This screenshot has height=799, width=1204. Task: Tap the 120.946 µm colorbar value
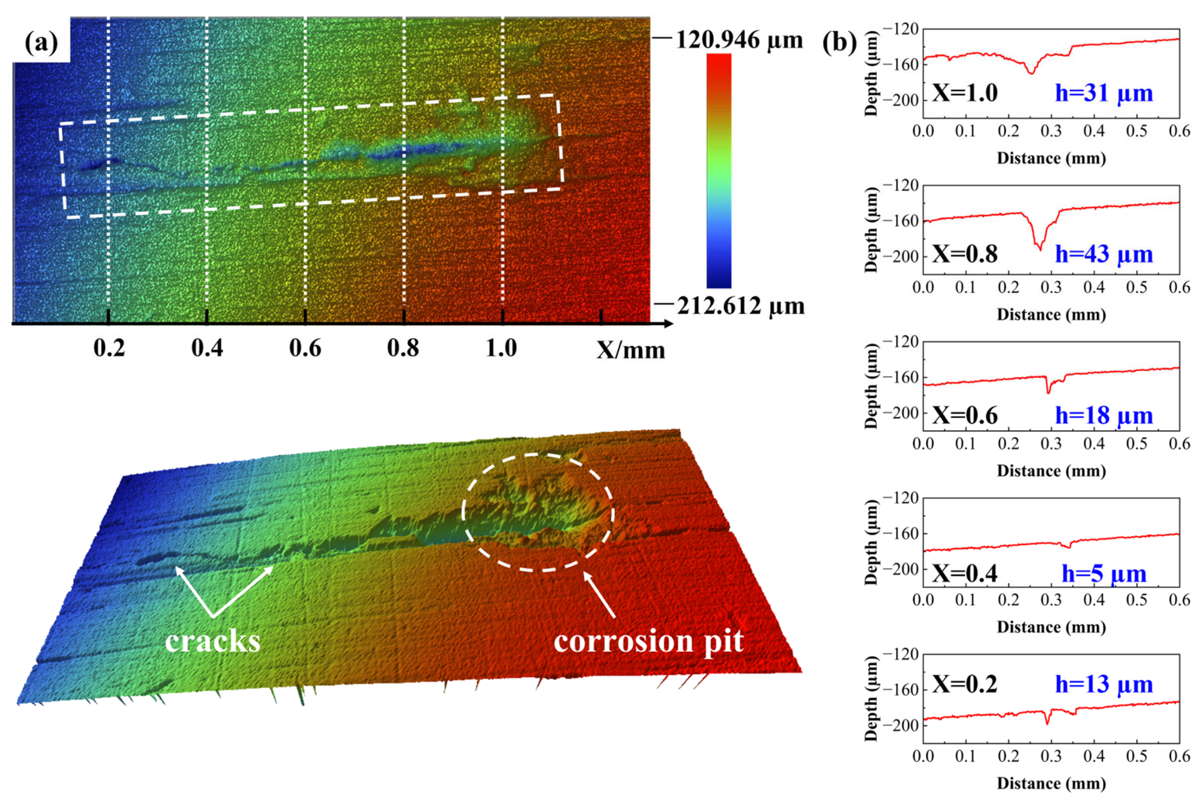tap(739, 40)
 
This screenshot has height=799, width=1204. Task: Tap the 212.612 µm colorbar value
tap(740, 307)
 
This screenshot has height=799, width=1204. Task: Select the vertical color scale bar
tap(719, 171)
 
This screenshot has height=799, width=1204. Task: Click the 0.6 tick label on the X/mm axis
tap(305, 349)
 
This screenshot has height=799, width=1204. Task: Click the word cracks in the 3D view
tap(213, 641)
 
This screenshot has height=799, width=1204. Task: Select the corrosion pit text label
tap(648, 641)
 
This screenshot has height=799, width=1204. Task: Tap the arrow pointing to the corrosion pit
tap(600, 595)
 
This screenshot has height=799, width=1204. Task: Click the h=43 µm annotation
tap(1103, 254)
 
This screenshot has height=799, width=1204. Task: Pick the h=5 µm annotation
tap(1103, 574)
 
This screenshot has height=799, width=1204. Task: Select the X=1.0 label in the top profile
tap(964, 94)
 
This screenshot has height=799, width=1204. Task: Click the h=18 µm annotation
tap(1103, 415)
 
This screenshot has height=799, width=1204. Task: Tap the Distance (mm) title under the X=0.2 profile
tap(1051, 783)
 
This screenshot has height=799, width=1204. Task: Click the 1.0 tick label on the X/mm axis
tap(501, 349)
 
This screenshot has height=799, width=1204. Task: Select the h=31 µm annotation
tap(1103, 94)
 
